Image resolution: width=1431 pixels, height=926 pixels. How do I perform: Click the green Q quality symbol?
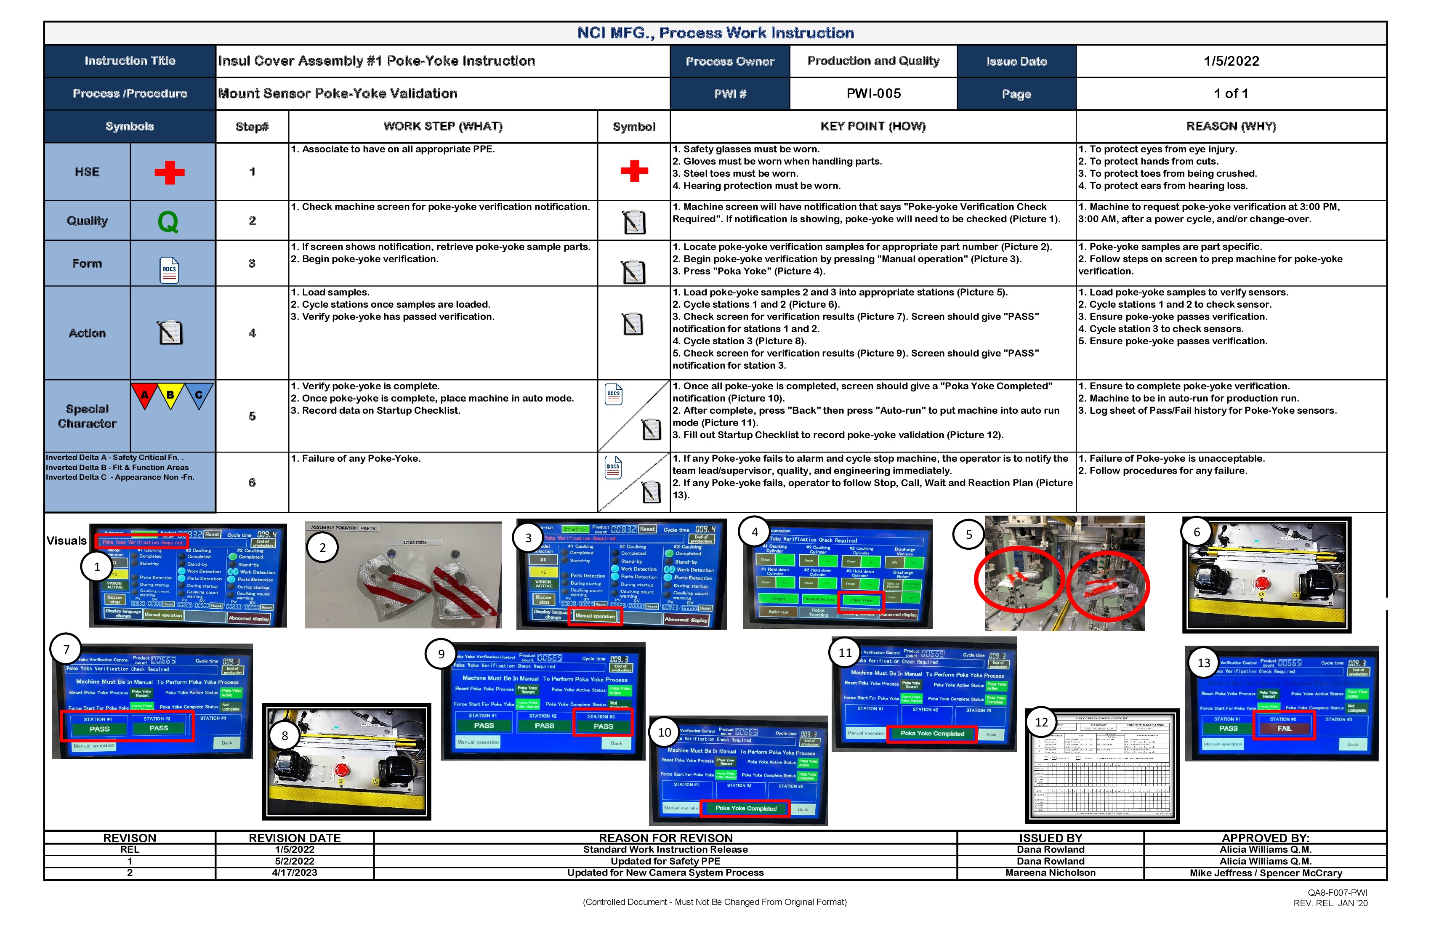(x=168, y=222)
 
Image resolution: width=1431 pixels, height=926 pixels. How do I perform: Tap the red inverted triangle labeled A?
(x=144, y=395)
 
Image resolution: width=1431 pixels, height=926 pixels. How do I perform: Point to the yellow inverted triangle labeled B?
(x=171, y=395)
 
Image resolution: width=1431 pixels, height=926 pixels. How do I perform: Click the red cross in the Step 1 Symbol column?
(x=634, y=171)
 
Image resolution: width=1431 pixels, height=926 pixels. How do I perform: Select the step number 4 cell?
(x=252, y=333)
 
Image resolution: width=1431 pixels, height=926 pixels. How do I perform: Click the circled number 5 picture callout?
(x=968, y=535)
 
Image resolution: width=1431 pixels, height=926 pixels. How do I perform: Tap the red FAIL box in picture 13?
(x=1284, y=728)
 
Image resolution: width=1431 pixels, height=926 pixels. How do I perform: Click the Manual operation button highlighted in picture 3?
(x=595, y=616)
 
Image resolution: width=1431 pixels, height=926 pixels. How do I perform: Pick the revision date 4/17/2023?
(x=294, y=873)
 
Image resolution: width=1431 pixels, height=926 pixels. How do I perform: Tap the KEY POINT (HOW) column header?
(x=872, y=126)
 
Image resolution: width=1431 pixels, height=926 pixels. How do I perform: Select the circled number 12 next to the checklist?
(x=1041, y=722)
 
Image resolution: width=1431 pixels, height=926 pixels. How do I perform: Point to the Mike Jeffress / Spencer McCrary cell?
(x=1265, y=873)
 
